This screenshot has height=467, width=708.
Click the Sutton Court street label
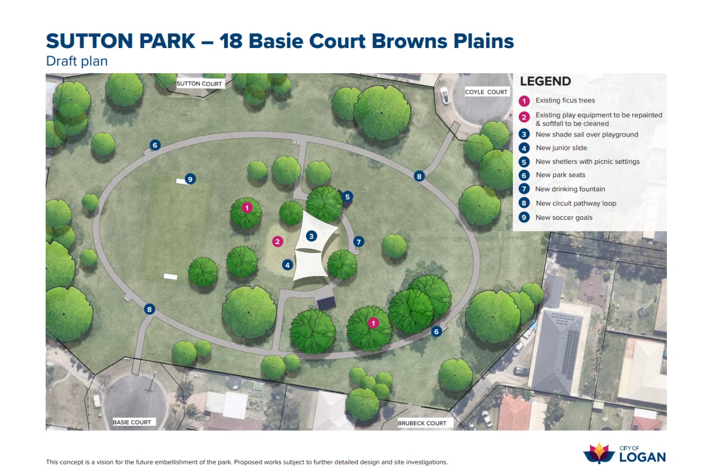click(x=199, y=84)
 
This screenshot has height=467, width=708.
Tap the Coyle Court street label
click(x=486, y=92)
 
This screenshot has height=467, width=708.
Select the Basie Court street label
click(x=132, y=422)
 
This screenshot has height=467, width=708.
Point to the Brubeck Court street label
click(x=422, y=423)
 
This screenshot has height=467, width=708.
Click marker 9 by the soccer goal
click(x=190, y=179)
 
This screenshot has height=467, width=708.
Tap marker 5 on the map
click(x=347, y=197)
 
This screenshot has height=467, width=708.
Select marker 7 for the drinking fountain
click(x=358, y=242)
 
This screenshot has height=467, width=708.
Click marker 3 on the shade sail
click(x=311, y=236)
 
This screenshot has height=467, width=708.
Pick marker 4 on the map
click(x=287, y=265)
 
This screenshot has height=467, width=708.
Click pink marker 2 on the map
click(x=277, y=242)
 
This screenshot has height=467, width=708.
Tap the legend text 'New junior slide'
click(x=561, y=148)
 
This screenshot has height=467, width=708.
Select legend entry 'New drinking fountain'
click(x=570, y=189)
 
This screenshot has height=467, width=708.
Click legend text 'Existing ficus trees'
click(x=565, y=100)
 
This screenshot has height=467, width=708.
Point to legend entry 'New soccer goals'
click(x=564, y=217)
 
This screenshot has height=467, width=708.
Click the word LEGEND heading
click(x=545, y=81)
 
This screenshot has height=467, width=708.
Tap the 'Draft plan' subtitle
click(x=77, y=61)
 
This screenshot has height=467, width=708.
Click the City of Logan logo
click(x=624, y=453)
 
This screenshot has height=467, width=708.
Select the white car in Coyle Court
click(x=444, y=96)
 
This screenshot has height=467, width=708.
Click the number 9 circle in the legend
click(x=524, y=217)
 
